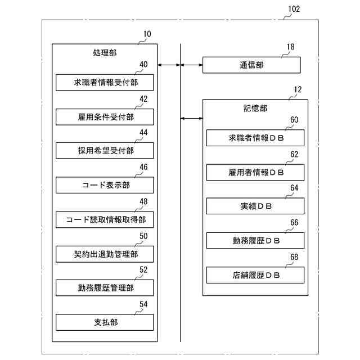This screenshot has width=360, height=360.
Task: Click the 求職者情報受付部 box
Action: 105,83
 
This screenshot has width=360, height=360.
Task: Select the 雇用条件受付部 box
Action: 105,117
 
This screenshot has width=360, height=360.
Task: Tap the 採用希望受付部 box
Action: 105,151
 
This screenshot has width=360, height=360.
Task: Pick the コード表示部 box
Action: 105,185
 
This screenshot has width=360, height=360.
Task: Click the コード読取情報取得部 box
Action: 105,219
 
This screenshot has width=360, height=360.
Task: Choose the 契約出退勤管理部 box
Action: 105,254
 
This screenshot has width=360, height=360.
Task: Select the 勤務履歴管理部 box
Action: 105,288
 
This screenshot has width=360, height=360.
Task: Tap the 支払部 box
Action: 105,322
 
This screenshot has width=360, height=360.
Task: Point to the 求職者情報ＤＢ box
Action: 255,138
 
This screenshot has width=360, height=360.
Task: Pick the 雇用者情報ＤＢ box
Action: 255,172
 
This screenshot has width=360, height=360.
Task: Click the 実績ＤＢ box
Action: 255,206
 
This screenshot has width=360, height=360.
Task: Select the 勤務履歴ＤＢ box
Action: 255,241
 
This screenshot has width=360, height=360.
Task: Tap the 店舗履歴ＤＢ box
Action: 255,275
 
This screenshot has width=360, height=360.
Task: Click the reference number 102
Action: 294,9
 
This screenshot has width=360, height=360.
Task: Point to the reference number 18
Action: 290,47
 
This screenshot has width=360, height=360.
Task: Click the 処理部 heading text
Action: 104,53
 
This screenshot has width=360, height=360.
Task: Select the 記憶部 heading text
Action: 255,108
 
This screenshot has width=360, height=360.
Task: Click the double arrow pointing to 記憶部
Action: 192,118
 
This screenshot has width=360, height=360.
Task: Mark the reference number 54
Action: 143,304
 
